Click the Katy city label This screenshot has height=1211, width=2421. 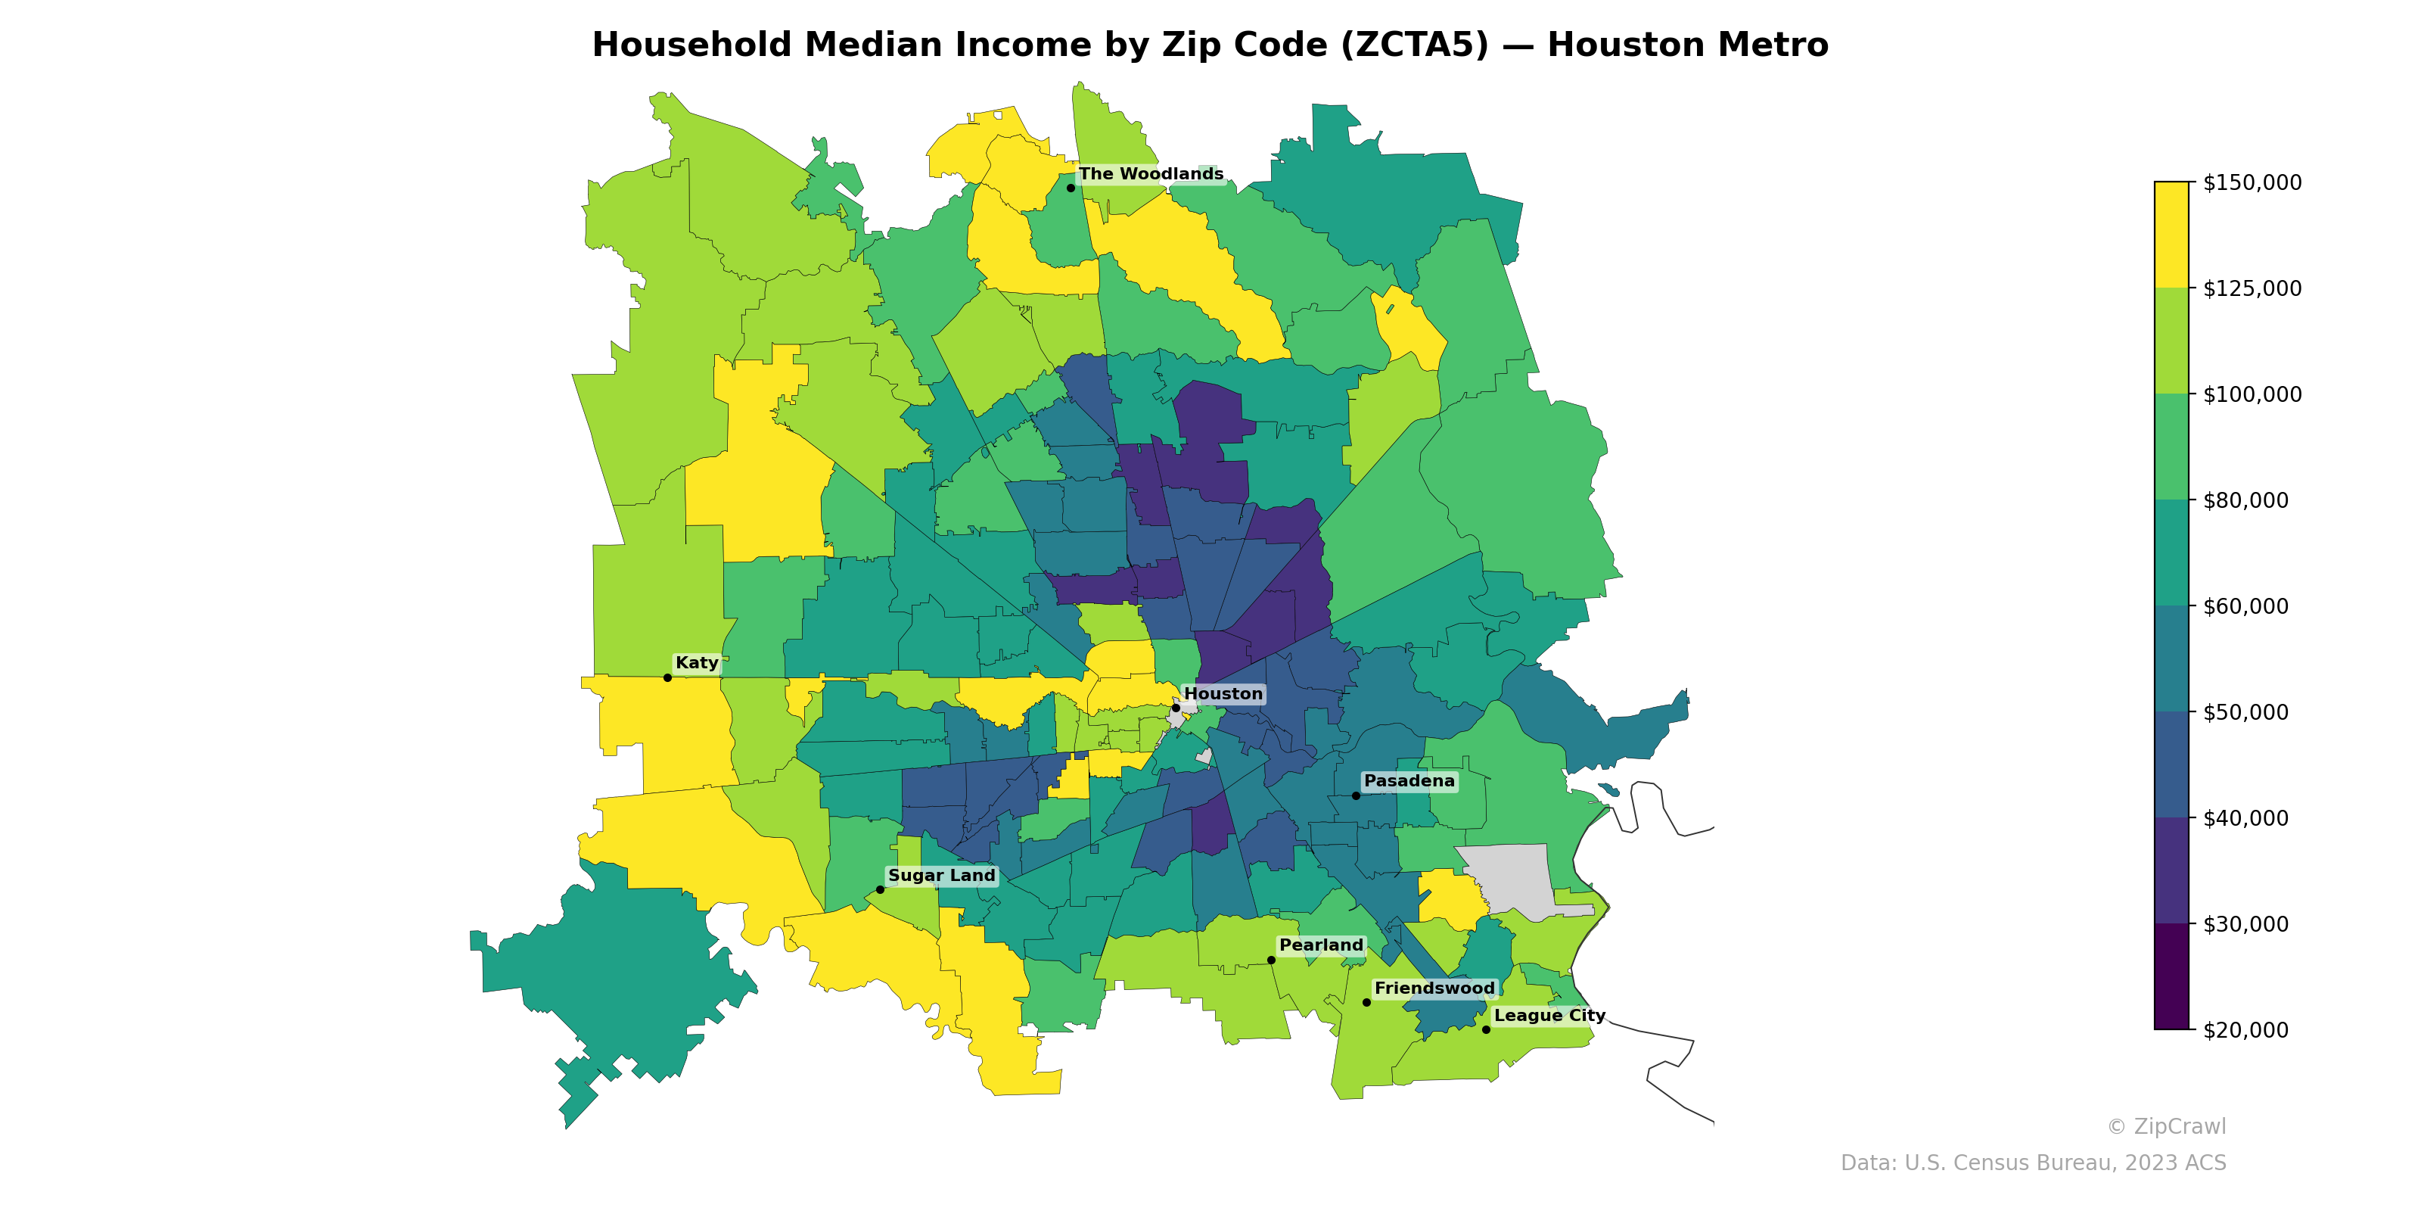[696, 663]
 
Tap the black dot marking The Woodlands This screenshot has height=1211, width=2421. [1071, 188]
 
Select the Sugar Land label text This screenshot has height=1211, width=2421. [940, 876]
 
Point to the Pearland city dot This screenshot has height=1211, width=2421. [1272, 960]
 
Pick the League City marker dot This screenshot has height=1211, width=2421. [1486, 1029]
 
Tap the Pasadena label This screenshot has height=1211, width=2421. [1409, 781]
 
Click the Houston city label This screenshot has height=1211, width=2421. [1223, 694]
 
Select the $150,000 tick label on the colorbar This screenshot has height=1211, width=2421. [2252, 182]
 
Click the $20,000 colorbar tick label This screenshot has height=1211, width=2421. [2245, 1030]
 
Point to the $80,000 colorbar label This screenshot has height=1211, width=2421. [2245, 500]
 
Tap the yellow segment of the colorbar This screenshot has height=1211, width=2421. [2171, 235]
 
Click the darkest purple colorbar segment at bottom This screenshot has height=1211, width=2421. [2171, 976]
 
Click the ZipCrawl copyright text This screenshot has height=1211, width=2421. [2166, 1126]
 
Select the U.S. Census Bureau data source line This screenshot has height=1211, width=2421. [2033, 1163]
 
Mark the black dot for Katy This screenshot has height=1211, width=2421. [667, 678]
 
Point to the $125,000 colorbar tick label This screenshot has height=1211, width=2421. [2252, 288]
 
